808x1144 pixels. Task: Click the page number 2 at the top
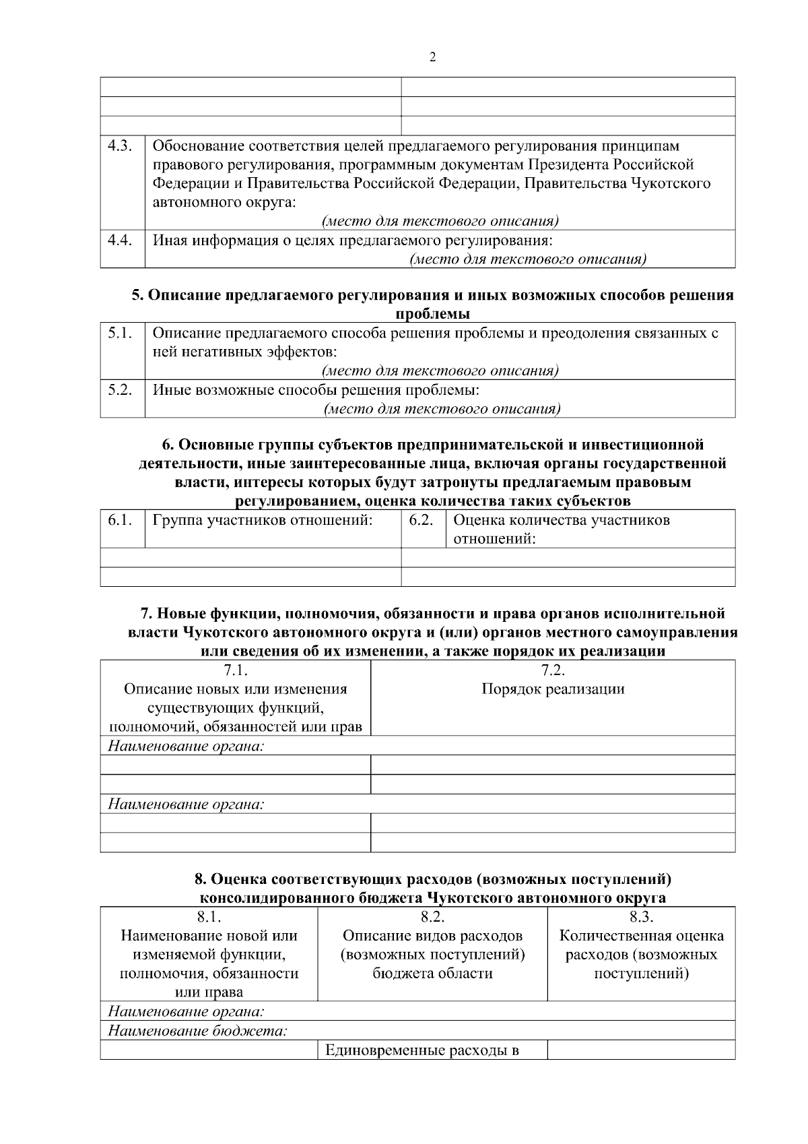click(432, 57)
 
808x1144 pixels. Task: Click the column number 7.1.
click(235, 670)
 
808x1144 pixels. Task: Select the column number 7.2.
click(552, 670)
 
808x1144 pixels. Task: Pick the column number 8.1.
click(208, 917)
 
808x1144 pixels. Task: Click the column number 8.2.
click(432, 917)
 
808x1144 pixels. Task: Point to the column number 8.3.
click(641, 917)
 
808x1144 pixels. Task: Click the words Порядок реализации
click(552, 689)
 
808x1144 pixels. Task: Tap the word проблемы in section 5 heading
click(432, 314)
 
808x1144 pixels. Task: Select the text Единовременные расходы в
click(422, 1050)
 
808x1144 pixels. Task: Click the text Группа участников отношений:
click(263, 520)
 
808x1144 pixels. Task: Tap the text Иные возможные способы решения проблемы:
click(316, 390)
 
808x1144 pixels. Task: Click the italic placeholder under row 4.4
click(528, 259)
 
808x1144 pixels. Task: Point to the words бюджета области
click(432, 974)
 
